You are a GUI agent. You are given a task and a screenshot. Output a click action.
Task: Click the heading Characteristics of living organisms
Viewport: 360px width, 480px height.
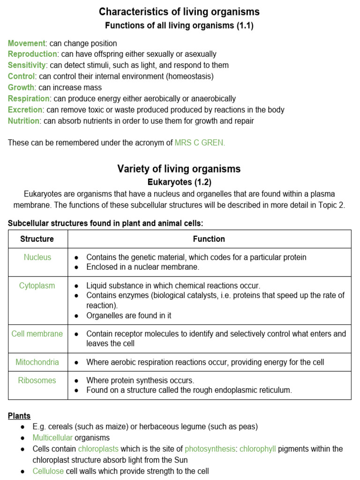[179, 12]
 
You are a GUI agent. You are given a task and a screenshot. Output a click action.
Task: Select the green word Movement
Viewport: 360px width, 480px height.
[27, 43]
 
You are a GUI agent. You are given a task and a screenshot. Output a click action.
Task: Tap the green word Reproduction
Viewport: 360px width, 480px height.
[32, 54]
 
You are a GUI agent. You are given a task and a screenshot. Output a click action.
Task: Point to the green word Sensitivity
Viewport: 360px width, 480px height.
[27, 65]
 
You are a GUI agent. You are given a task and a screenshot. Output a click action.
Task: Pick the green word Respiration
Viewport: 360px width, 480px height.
[29, 98]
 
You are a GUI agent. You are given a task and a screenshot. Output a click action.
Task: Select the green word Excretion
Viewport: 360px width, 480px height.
[25, 110]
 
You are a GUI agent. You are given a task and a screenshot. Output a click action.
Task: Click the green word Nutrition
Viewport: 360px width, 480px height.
[23, 121]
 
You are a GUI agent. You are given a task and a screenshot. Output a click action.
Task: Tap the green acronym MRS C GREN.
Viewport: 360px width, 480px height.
[200, 143]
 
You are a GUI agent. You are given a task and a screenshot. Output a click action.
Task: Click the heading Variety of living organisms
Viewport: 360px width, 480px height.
[179, 169]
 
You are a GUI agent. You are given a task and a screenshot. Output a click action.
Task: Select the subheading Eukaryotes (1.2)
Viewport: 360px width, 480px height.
[179, 181]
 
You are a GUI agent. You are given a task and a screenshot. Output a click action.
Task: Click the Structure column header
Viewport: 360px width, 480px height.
[37, 239]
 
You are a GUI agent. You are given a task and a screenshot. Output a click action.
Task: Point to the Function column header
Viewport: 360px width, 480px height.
[209, 239]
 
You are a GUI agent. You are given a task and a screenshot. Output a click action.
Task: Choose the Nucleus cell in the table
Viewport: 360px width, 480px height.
[37, 257]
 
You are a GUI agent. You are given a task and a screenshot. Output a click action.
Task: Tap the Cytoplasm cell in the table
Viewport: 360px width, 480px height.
[37, 285]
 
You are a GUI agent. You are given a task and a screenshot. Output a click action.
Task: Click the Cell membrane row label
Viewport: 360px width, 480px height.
[37, 334]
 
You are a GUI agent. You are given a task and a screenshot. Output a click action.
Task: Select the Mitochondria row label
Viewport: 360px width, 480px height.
[37, 362]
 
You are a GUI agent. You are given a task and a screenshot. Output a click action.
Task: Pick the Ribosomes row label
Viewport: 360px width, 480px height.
[37, 380]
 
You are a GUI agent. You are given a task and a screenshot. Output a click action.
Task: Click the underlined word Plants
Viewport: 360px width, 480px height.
[19, 416]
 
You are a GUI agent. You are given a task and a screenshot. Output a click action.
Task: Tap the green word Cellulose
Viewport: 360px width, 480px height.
[48, 471]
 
